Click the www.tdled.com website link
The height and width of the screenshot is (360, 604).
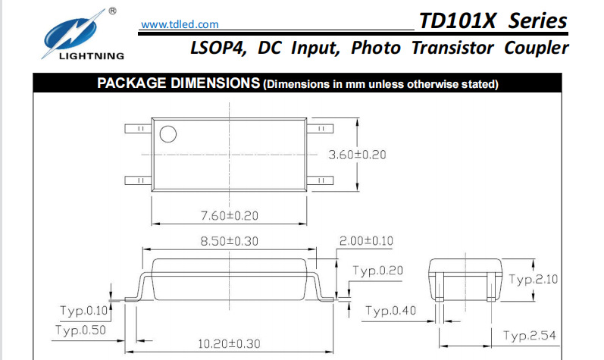180,25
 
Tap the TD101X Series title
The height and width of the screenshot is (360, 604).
493,20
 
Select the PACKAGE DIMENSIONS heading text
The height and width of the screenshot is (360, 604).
179,83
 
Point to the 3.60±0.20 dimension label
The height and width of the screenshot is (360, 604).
357,155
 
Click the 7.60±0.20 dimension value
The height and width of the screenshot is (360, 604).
229,216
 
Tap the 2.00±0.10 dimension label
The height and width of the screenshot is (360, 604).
367,242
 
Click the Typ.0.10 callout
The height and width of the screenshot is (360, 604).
83,311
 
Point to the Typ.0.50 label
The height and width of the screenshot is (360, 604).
80,330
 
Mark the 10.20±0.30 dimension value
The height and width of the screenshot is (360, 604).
229,343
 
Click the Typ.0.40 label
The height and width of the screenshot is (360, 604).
390,311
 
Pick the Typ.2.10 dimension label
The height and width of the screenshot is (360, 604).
533,280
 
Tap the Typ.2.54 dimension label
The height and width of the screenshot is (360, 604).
530,336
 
